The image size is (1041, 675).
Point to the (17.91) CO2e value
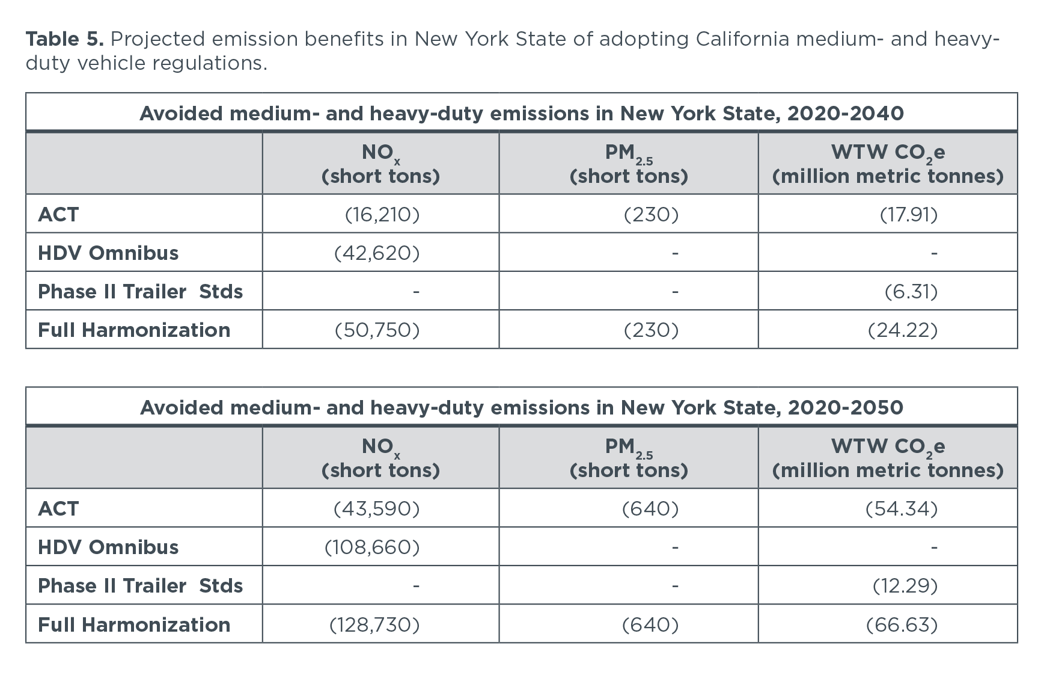[x=908, y=215]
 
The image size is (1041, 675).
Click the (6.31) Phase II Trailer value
[x=911, y=292]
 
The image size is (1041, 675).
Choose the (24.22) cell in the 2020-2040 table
[x=902, y=330]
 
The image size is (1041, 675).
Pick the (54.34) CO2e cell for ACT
[x=901, y=509]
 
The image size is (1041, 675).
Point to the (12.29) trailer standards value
[x=905, y=586]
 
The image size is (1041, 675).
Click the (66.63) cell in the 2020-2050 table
[x=901, y=625]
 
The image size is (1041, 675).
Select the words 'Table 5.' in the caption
[x=65, y=39]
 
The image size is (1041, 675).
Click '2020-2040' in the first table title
[x=845, y=114]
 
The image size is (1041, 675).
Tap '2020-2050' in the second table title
[x=845, y=408]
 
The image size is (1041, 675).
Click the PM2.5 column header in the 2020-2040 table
[x=629, y=164]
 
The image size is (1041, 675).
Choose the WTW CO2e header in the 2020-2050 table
[x=888, y=458]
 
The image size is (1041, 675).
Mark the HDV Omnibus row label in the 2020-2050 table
[x=108, y=547]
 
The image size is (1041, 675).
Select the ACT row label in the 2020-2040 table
[x=58, y=215]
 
